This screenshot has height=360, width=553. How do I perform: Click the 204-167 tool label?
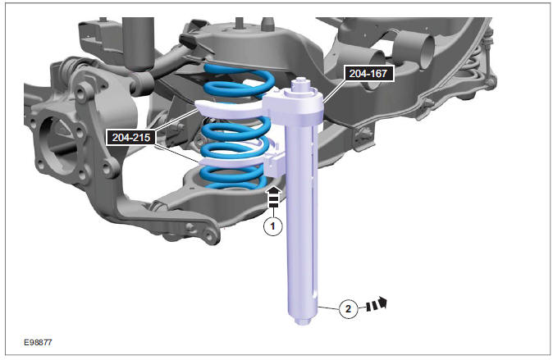click(x=369, y=73)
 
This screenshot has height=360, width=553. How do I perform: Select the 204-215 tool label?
click(x=131, y=137)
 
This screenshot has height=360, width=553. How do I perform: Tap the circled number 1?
click(x=272, y=226)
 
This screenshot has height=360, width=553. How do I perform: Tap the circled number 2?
click(x=348, y=309)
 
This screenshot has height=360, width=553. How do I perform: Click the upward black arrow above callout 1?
click(x=274, y=197)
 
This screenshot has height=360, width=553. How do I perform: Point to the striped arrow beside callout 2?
click(x=377, y=304)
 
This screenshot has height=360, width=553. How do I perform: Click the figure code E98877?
click(x=38, y=342)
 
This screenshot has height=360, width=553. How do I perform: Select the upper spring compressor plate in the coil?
click(x=229, y=107)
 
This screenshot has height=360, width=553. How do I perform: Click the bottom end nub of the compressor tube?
click(x=303, y=321)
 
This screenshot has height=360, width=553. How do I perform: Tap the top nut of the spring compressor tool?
click(x=300, y=84)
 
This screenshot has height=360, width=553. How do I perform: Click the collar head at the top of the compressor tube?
click(x=296, y=105)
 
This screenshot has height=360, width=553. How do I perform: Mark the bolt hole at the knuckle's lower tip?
click(x=211, y=235)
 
